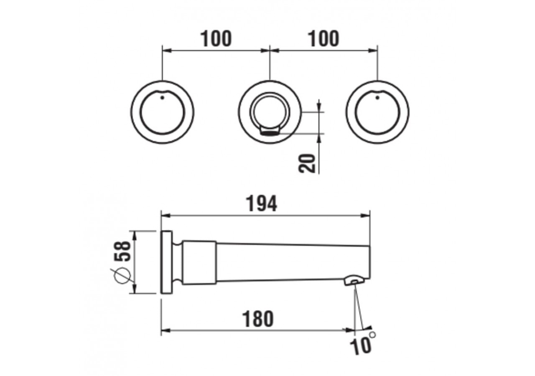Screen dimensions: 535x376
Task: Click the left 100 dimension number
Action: pos(216,39)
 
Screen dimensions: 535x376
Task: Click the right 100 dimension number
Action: pos(324,39)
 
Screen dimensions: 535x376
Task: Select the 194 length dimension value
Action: pos(262,203)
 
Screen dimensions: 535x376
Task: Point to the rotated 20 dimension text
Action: pos(307,163)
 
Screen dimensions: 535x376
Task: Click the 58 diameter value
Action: pos(123,251)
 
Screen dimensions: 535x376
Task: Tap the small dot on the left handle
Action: pos(163,97)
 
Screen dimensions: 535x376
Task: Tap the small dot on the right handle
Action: pos(377,97)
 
